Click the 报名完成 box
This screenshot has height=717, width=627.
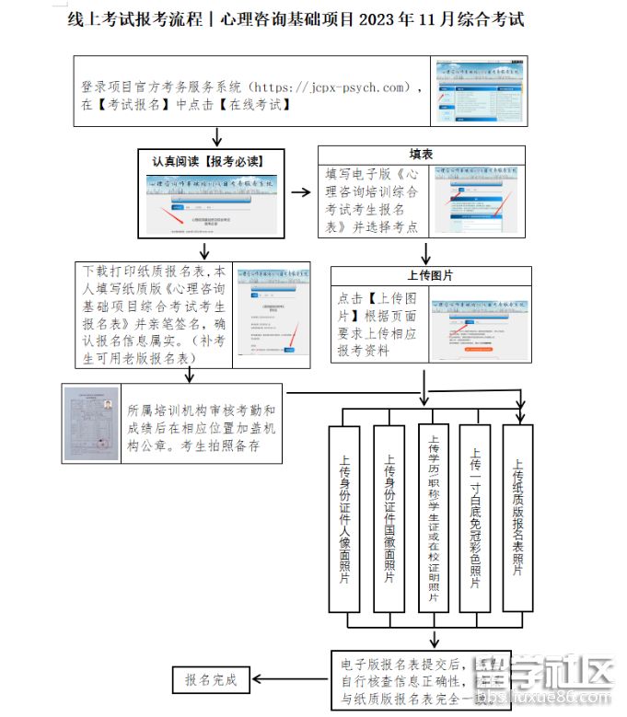(211, 680)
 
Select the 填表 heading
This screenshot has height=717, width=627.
(421, 155)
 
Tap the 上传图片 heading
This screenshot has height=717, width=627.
(430, 275)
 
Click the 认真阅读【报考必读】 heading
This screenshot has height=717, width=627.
(211, 161)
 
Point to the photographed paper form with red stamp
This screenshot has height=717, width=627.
(92, 423)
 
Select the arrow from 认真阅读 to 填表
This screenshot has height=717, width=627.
(300, 191)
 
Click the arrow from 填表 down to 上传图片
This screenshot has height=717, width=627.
(425, 252)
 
